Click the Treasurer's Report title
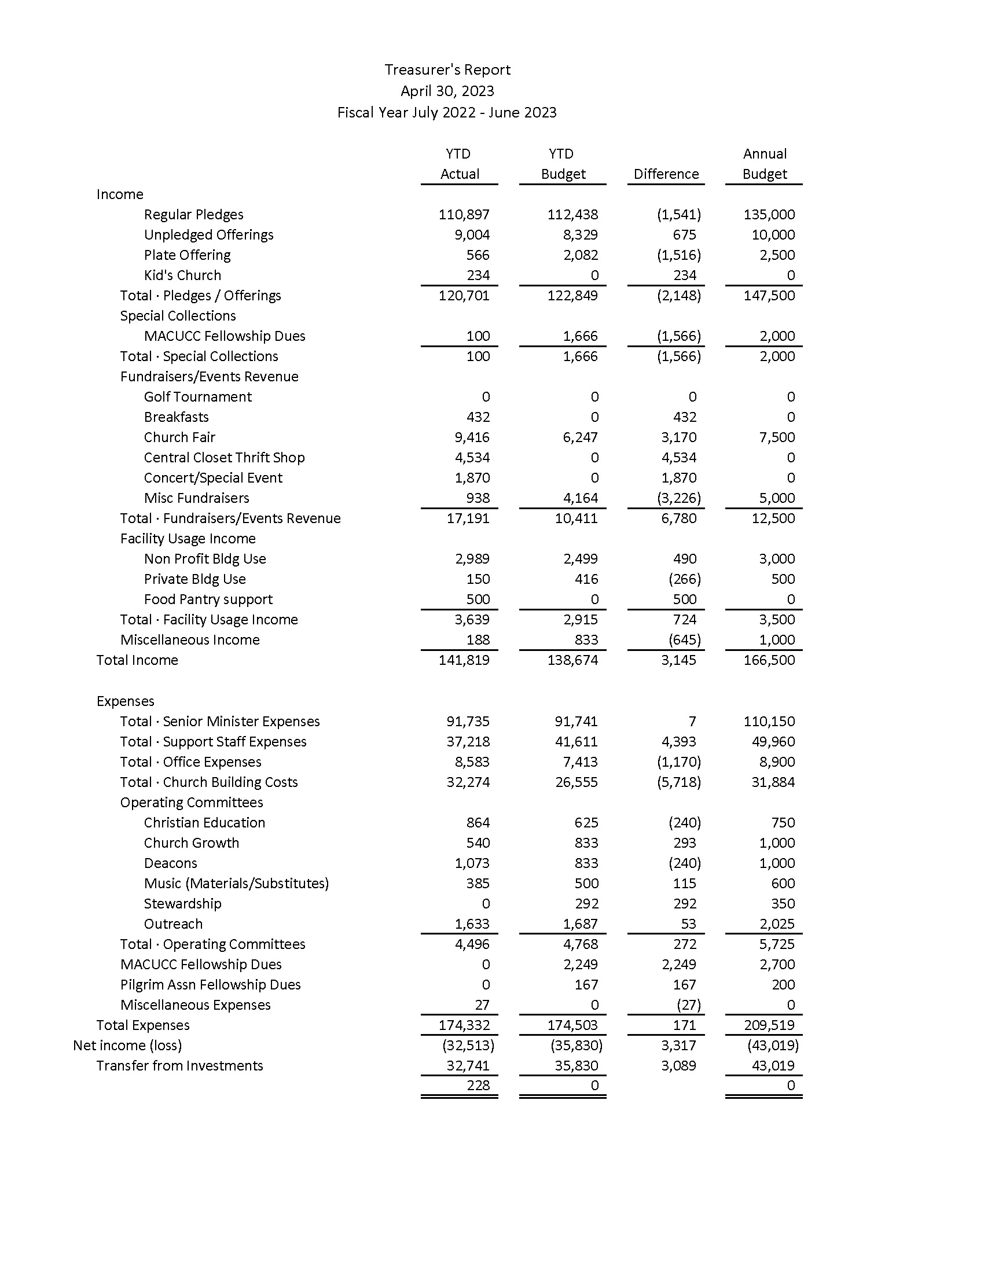(x=447, y=70)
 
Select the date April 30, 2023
(x=447, y=91)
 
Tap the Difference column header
(x=666, y=174)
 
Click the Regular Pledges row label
(x=193, y=215)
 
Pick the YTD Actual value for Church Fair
(x=472, y=437)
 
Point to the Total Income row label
(x=137, y=660)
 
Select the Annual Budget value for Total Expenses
(x=769, y=1025)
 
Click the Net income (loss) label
(x=127, y=1045)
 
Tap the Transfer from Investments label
(x=179, y=1065)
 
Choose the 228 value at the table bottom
(x=478, y=1085)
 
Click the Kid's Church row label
(x=182, y=275)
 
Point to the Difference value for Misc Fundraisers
(x=678, y=498)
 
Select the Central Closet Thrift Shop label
(x=224, y=458)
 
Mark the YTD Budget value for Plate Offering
(x=581, y=255)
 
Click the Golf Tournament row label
(x=197, y=397)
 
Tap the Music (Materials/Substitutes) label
(x=236, y=883)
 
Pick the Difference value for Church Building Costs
(x=678, y=782)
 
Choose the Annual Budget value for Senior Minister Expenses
(x=769, y=721)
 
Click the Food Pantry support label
(x=208, y=599)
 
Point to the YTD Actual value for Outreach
(x=472, y=924)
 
